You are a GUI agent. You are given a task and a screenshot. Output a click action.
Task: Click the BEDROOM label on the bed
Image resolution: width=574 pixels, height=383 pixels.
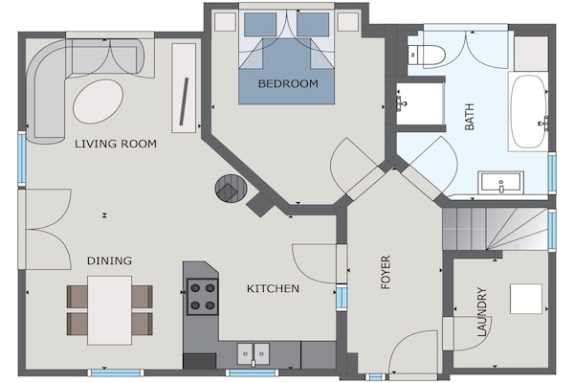(288, 83)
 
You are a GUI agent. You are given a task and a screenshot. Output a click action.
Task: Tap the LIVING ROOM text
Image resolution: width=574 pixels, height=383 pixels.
(116, 144)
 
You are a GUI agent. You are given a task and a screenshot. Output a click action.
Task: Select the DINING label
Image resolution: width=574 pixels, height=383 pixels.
(109, 260)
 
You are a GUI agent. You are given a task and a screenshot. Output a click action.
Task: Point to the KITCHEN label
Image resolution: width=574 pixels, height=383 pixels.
(273, 288)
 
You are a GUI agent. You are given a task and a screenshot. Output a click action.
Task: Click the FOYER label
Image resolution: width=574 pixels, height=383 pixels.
(386, 272)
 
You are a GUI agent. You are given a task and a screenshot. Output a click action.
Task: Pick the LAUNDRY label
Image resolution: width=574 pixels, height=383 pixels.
(482, 312)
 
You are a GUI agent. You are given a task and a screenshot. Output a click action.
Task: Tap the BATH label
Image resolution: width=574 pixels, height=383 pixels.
(470, 117)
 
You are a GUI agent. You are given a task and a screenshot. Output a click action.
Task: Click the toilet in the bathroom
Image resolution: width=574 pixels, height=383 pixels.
(427, 55)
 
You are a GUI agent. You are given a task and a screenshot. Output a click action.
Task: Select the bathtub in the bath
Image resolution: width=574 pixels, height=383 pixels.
(528, 112)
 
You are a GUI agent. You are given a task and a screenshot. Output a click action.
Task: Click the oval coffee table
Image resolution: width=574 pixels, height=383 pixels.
(99, 101)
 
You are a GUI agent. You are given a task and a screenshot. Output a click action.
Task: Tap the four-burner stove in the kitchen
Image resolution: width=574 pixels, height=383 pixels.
(203, 297)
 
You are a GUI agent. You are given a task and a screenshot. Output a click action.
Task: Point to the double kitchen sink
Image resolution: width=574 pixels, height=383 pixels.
(253, 353)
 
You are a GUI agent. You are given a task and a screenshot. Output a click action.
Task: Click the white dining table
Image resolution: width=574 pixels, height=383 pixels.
(109, 310)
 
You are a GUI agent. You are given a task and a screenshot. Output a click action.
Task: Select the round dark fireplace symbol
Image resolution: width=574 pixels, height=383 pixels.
(231, 188)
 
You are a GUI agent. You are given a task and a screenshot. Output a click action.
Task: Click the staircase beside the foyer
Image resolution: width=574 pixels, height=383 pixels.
(495, 229)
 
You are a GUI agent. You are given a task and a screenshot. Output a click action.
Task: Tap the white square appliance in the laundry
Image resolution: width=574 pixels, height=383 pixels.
(526, 299)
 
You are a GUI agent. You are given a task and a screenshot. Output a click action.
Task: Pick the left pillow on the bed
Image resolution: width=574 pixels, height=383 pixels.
(260, 25)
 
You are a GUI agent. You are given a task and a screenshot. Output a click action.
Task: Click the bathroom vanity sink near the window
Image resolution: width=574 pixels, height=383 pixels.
(500, 182)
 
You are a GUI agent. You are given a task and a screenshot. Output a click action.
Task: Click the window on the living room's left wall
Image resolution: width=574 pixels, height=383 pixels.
(22, 159)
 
